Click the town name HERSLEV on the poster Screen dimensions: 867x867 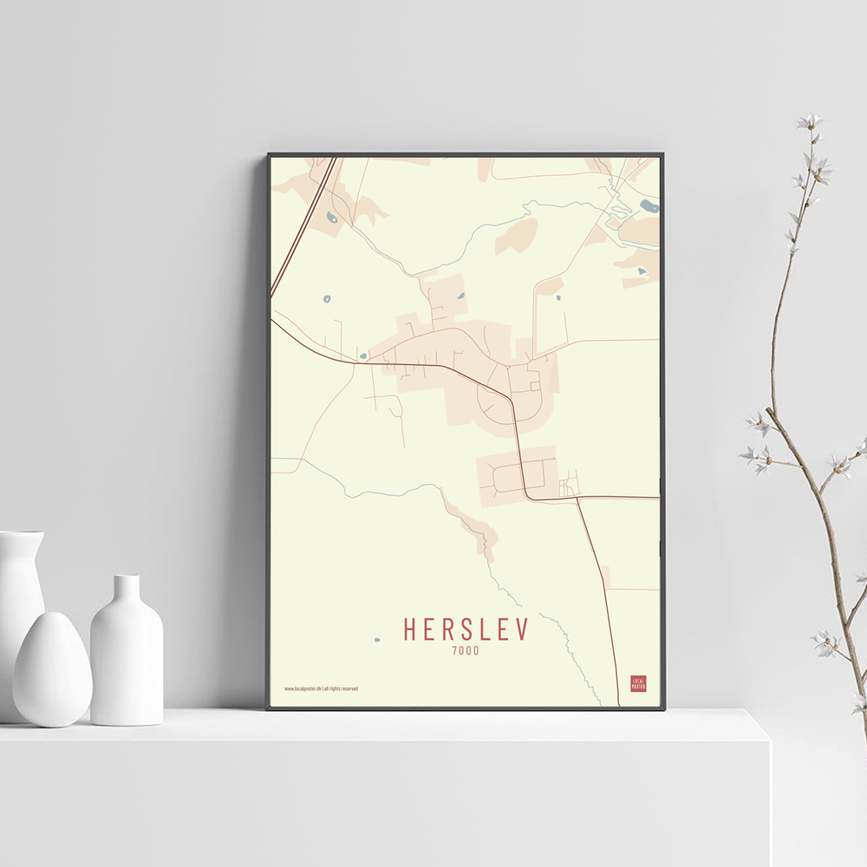[x=465, y=630]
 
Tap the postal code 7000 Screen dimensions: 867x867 [x=466, y=650]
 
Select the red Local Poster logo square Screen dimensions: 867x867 [x=638, y=683]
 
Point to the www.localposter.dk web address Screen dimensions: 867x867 [x=303, y=688]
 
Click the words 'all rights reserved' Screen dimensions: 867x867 [x=341, y=688]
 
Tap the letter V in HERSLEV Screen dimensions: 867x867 [x=520, y=630]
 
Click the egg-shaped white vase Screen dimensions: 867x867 [x=52, y=669]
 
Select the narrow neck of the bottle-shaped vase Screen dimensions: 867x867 [x=127, y=590]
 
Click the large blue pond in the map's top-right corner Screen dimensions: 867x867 [x=649, y=206]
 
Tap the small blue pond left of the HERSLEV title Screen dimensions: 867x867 [x=376, y=641]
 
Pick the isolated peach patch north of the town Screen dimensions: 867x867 [x=517, y=236]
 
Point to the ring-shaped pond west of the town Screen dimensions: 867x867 [x=327, y=299]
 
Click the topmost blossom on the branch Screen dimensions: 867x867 [x=811, y=122]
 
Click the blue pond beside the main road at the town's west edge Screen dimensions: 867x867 [x=362, y=355]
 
